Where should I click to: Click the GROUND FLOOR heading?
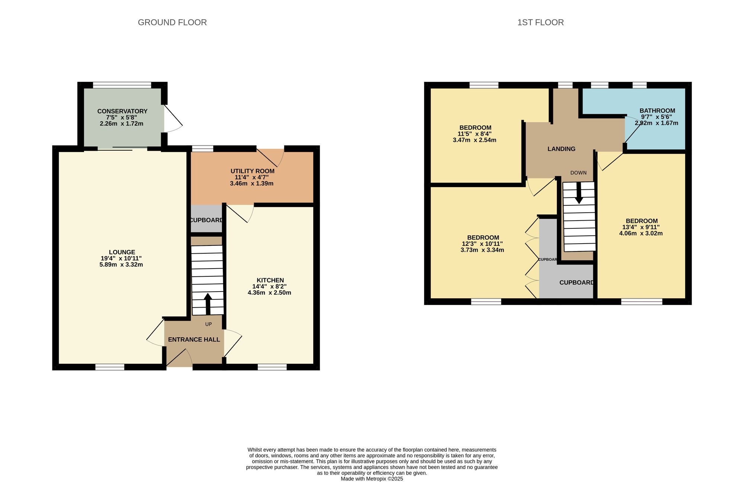coord(172,22)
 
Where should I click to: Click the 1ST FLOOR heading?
coord(540,22)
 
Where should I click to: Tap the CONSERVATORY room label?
coord(122,111)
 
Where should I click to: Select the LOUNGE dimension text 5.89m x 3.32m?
coord(121,265)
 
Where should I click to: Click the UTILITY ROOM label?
coord(252,171)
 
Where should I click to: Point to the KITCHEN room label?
coord(270,280)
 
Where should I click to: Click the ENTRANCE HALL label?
coord(194,340)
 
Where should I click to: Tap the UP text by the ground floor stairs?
coord(208,324)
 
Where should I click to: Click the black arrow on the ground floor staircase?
coord(208,303)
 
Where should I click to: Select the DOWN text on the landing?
coord(578,173)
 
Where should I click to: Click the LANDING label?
coord(561,149)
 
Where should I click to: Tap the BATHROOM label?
coord(657,111)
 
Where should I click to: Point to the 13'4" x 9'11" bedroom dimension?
coord(641,227)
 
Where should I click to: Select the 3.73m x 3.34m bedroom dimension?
coord(482,250)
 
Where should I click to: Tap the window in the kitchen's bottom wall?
coord(272,367)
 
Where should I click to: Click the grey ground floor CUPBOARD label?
coord(206,220)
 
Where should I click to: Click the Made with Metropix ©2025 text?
coord(372,479)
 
